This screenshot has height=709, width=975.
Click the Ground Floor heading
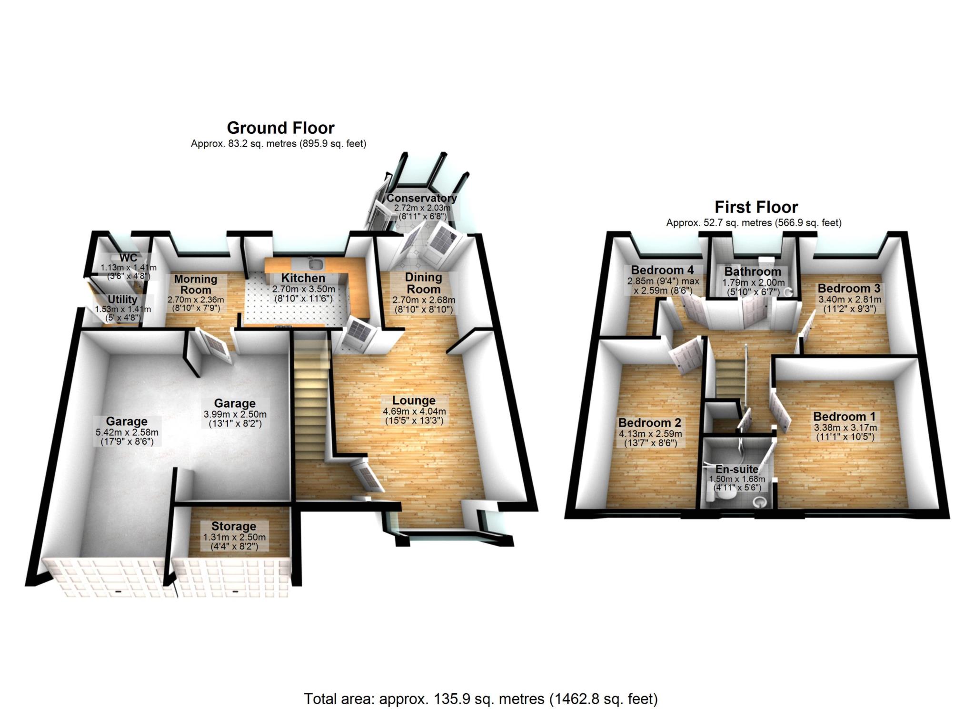point(280,128)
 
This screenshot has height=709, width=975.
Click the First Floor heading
point(756,207)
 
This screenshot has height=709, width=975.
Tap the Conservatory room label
point(421,198)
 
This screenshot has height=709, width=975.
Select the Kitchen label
point(303,278)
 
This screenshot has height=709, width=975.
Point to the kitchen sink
point(315,263)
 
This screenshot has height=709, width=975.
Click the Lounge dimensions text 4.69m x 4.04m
point(414,411)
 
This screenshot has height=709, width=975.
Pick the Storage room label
point(234,526)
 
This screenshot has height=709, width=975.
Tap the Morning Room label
point(196,284)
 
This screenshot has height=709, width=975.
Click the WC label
point(128,258)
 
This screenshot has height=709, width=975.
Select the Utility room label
point(122,300)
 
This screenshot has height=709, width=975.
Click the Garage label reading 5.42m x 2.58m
point(127,432)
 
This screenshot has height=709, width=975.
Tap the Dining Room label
point(423,283)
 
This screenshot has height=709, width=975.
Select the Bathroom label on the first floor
point(753,271)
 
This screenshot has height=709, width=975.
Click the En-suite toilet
point(724,497)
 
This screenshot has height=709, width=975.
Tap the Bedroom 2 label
point(649,423)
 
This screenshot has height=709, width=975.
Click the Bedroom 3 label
point(849,288)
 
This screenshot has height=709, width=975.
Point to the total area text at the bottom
point(481,699)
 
